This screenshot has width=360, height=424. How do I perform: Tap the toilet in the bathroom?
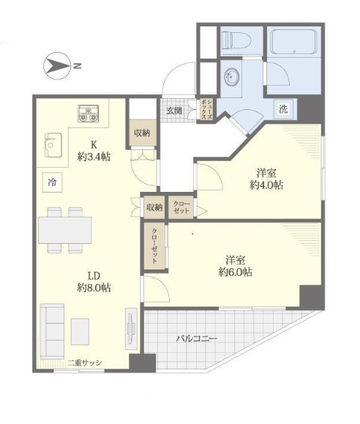pyautogui.click(x=236, y=40)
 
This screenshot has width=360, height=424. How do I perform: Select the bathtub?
pyautogui.click(x=294, y=42)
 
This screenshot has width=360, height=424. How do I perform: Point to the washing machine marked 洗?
pyautogui.click(x=283, y=109)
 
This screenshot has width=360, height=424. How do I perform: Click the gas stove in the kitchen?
pyautogui.click(x=89, y=114)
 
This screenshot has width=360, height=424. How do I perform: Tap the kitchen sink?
pyautogui.click(x=53, y=145)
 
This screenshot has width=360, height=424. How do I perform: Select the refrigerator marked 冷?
pyautogui.click(x=52, y=182)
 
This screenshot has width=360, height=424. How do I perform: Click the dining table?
pyautogui.click(x=65, y=230)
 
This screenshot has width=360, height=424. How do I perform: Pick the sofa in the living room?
pyautogui.click(x=52, y=332)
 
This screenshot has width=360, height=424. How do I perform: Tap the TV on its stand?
pyautogui.click(x=132, y=329)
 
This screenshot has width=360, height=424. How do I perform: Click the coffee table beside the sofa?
pyautogui.click(x=80, y=332)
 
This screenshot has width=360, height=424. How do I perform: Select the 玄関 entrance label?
pyautogui.click(x=174, y=111)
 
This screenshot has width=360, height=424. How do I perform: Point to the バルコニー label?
pyautogui.click(x=197, y=338)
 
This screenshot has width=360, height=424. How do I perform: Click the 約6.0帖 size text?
pyautogui.click(x=236, y=272)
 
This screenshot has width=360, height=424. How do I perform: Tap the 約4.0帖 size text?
pyautogui.click(x=266, y=185)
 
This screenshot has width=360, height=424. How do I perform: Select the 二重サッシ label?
pyautogui.click(x=85, y=362)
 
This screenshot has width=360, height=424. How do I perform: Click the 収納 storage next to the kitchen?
pyautogui.click(x=143, y=133)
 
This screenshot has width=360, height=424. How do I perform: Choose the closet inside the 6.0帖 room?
pyautogui.click(x=154, y=246)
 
